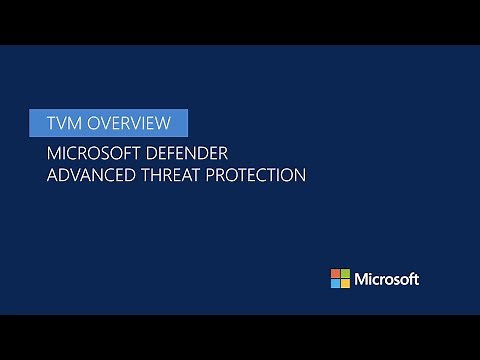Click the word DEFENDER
[195, 154]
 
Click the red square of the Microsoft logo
[336, 273]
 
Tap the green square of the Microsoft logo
[346, 273]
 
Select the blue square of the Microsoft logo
[336, 283]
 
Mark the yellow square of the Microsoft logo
[346, 283]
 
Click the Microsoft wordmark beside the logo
[387, 279]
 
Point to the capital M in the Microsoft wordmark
[362, 279]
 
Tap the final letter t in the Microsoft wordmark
[415, 279]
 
